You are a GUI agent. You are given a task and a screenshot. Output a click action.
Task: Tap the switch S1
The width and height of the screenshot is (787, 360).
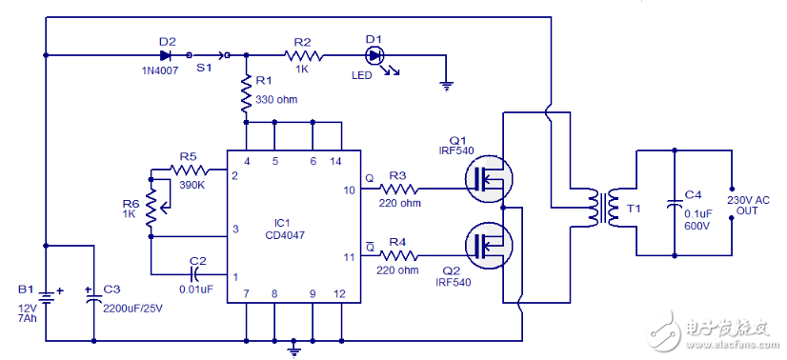(208, 55)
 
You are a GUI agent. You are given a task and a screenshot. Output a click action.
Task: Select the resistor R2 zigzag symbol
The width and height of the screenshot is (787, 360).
(302, 55)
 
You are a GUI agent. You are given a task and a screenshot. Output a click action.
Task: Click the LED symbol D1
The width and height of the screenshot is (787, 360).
(374, 55)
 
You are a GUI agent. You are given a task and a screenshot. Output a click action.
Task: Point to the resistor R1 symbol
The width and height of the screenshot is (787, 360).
(246, 92)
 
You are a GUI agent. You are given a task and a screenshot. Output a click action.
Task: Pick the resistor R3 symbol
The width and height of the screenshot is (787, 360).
(398, 189)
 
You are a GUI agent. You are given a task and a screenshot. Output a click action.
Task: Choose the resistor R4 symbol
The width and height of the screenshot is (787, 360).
(398, 255)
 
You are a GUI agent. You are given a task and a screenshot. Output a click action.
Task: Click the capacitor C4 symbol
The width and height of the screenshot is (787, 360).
(674, 204)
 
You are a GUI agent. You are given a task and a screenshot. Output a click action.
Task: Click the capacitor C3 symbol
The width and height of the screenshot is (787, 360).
(93, 297)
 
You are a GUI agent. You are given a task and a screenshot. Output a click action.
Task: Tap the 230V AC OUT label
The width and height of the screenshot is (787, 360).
(750, 204)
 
